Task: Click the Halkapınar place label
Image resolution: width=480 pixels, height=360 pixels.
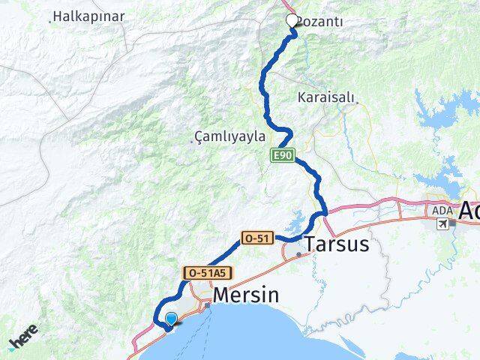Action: click(84, 16)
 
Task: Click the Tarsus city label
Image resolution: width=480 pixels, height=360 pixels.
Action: click(337, 244)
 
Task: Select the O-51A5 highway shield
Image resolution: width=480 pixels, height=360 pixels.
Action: click(200, 274)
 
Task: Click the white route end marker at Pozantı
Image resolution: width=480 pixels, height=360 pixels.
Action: click(292, 21)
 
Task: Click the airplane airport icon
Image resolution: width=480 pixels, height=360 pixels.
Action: click(445, 223)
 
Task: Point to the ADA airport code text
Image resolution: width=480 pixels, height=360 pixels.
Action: click(440, 211)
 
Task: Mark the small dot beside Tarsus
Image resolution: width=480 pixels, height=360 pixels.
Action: click(299, 254)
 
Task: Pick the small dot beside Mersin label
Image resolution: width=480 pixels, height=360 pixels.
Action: click(207, 304)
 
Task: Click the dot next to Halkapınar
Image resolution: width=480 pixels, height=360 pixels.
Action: click(49, 21)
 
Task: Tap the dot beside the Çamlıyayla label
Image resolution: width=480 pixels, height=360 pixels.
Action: click(197, 141)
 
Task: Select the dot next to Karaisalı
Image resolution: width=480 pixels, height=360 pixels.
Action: click(357, 102)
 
